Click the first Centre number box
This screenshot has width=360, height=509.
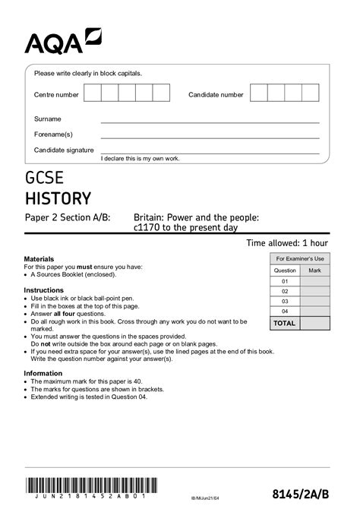tap(92, 93)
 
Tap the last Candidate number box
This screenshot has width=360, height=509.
tap(311, 93)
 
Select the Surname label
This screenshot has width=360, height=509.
tap(48, 119)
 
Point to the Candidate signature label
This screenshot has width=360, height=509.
tap(64, 150)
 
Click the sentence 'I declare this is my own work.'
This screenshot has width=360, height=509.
tap(140, 157)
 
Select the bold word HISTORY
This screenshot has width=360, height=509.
tap(58, 199)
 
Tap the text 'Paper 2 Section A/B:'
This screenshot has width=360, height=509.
tap(68, 217)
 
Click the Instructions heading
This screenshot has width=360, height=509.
tap(44, 290)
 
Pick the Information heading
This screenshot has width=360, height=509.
tap(43, 373)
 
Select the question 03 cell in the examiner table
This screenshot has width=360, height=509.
tap(285, 301)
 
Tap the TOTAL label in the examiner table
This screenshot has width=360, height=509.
tap(285, 323)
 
